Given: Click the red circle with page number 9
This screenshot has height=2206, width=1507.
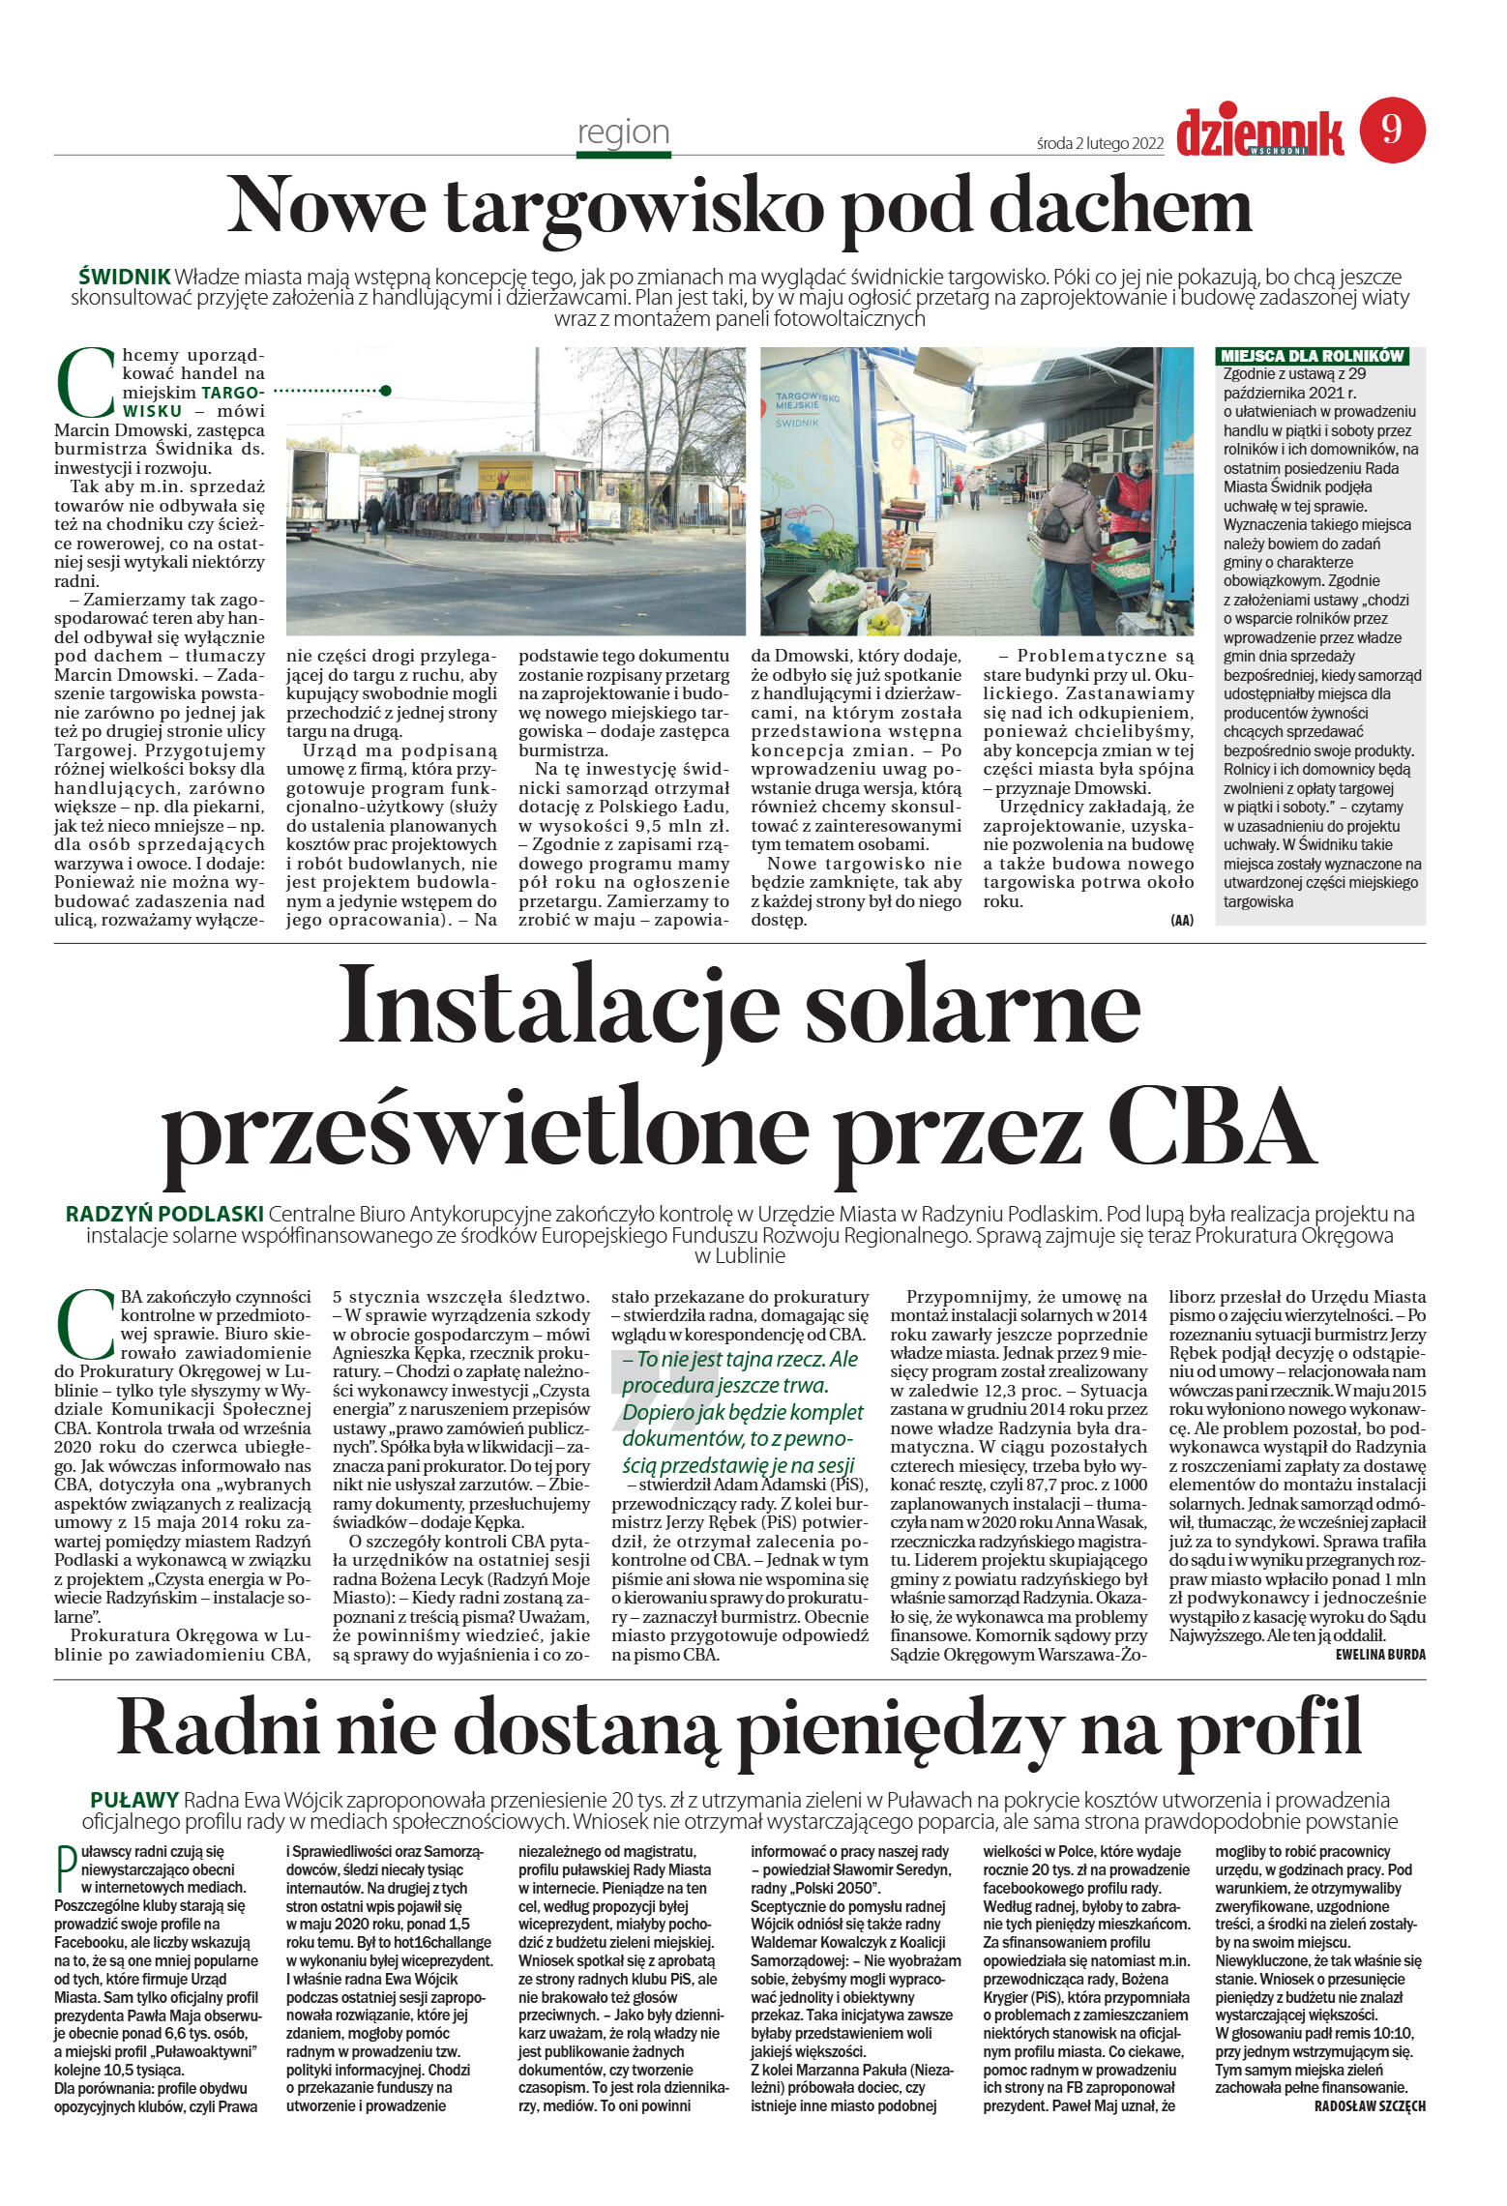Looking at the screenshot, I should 1392,130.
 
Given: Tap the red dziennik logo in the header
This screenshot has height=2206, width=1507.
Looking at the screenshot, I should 1259,133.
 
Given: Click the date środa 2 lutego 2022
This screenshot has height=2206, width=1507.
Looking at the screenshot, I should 1099,143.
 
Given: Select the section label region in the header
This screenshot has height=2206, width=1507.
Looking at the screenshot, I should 623,132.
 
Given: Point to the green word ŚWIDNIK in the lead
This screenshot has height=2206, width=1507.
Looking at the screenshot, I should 124,276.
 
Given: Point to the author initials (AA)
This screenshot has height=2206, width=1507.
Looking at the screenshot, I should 1181,920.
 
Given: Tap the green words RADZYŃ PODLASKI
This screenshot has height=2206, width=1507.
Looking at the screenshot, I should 164,1214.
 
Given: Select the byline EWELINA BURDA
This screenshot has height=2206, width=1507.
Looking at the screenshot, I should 1379,1654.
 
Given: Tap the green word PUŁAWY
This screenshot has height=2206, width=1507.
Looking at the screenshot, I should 133,1800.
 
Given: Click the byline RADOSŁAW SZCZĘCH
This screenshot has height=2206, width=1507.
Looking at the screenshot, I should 1369,2105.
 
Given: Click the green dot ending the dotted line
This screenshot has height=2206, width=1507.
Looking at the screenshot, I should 386,391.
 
